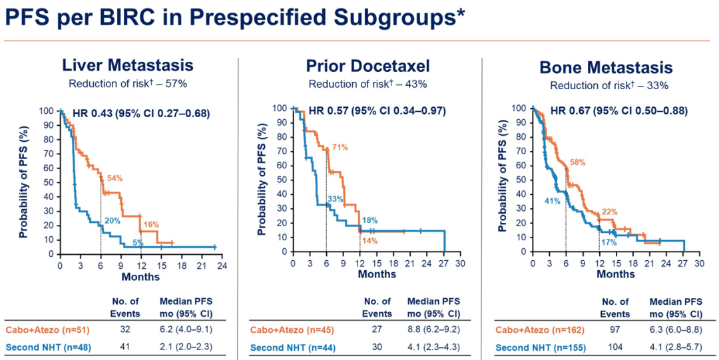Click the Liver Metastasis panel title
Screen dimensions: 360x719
[x=128, y=65]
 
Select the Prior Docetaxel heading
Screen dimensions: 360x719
[x=367, y=65]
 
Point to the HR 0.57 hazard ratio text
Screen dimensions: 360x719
[x=377, y=110]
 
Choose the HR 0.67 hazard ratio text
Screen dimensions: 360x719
[x=619, y=110]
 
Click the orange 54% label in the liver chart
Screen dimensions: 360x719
[x=115, y=178]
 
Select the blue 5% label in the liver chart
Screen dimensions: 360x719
[x=138, y=242]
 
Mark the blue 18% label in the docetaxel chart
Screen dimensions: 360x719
[x=369, y=220]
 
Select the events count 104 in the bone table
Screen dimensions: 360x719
[x=614, y=347]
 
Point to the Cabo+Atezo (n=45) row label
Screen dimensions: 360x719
[x=290, y=329]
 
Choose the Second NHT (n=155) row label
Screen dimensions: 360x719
[x=536, y=347]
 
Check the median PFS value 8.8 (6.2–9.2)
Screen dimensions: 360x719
[x=433, y=329]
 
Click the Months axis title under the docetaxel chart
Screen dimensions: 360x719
[x=377, y=274]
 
